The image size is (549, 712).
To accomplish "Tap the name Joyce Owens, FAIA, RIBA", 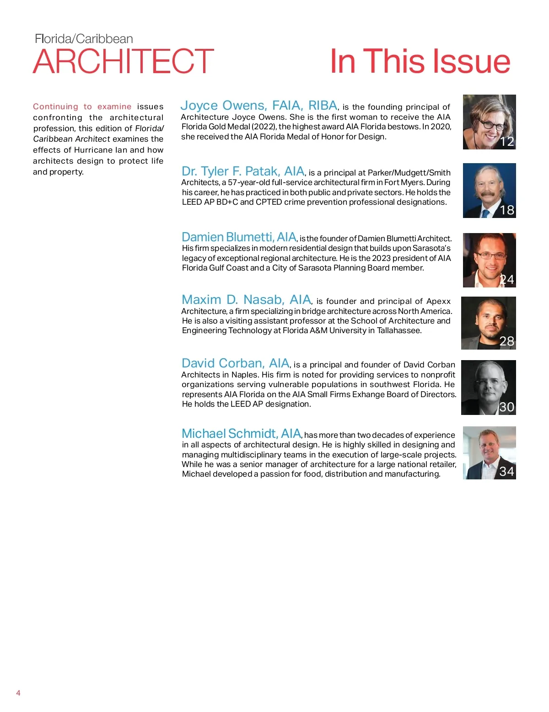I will tap(259, 106).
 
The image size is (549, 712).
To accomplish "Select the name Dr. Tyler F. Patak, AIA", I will tap(243, 171).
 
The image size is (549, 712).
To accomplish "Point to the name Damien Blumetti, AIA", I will tap(239, 237).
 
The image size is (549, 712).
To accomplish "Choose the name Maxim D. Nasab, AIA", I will tap(246, 300).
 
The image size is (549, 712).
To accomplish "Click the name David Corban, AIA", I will tap(235, 363).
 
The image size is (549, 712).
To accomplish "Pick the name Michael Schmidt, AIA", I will tap(241, 434).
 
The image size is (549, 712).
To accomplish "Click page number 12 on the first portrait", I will tap(507, 142).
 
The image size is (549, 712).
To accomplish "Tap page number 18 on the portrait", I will tap(507, 210).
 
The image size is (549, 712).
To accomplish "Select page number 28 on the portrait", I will tap(507, 341).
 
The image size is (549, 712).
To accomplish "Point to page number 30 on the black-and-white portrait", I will tap(507, 407).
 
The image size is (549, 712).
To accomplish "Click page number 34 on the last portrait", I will tap(507, 472).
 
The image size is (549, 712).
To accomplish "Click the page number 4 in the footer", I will tap(18, 693).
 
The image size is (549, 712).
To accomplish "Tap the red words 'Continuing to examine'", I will tap(82, 107).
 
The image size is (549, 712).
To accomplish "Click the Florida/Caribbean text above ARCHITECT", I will tap(84, 39).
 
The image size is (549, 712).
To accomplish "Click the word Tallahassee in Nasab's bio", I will tap(399, 330).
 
